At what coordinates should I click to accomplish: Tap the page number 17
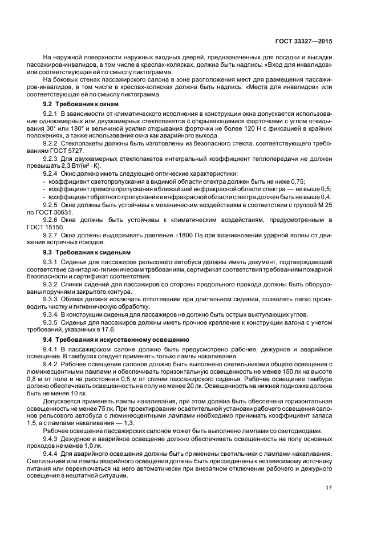pos(329,488)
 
